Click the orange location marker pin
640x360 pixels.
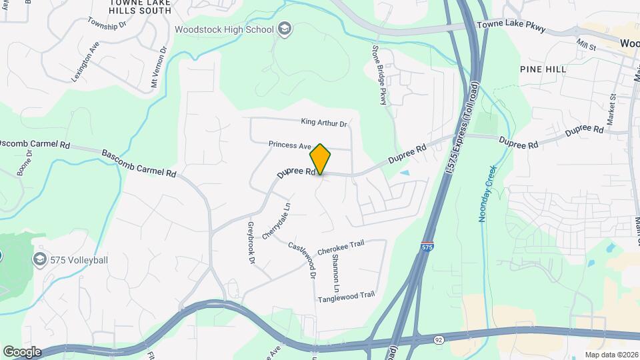coord(320,159)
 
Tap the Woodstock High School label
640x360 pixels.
coord(224,29)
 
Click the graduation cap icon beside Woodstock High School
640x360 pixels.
coord(285,29)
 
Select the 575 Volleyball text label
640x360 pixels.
coord(79,260)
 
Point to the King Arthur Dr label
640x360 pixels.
coord(325,123)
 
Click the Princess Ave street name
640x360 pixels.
coord(290,145)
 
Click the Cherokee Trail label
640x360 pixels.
coord(341,247)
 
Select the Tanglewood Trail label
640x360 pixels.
coord(347,296)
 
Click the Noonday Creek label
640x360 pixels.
coord(487,193)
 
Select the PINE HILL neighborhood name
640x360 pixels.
coord(543,69)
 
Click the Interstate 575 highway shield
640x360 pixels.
coord(426,246)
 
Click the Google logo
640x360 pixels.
coord(21,352)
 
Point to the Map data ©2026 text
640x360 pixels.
coord(611,355)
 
